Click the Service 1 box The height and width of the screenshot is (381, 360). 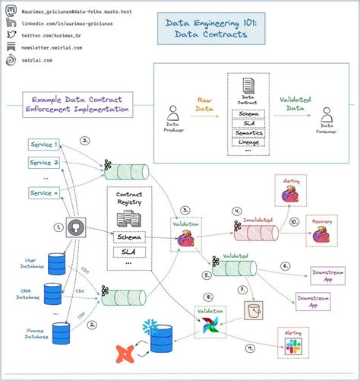point(43,144)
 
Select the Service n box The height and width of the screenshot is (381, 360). point(43,192)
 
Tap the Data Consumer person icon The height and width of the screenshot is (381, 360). point(327,115)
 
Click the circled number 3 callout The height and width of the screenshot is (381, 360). point(185,209)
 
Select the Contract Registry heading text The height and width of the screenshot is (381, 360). point(129,198)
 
